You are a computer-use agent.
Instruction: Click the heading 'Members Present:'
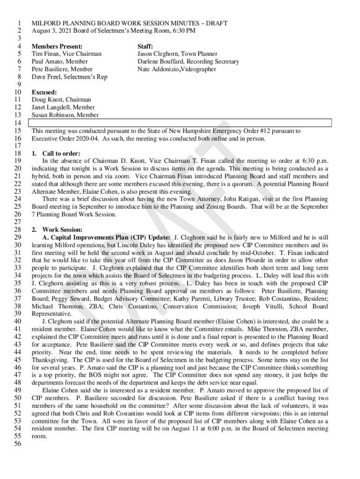pos(57,47)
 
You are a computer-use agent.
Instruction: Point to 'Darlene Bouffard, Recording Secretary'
pos(188,62)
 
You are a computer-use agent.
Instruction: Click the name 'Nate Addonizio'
pos(158,69)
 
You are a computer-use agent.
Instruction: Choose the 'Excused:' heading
pos(44,92)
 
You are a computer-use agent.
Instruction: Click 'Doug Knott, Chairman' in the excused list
pos(61,100)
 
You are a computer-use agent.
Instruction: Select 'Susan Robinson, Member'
pos(65,115)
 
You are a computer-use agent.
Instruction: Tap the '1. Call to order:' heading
pos(56,153)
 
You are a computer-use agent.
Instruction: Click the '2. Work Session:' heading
pos(57,230)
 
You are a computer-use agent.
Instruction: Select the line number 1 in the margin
pos(19,23)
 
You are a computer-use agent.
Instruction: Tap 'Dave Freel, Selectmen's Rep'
pos(69,77)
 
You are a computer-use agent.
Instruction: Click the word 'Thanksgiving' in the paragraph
pos(51,360)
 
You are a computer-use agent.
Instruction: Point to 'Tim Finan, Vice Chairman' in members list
pos(66,54)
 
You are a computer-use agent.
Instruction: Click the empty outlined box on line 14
pos(180,123)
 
